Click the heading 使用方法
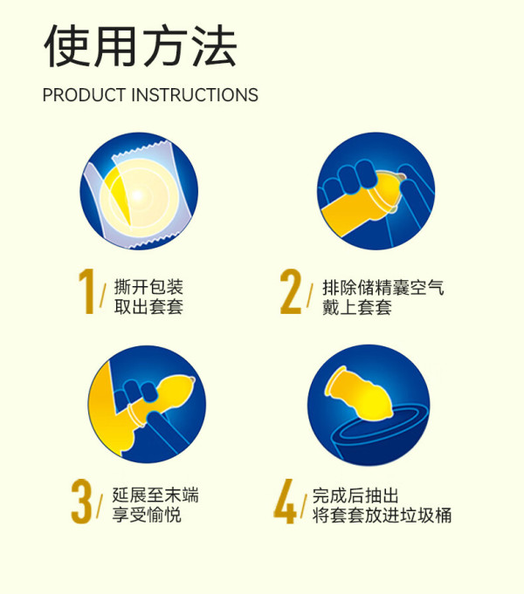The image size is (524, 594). point(141,46)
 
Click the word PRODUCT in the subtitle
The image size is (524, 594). point(84,95)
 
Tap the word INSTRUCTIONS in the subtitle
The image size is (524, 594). point(195,95)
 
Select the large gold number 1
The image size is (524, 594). point(86,291)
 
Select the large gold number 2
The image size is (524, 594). point(291,291)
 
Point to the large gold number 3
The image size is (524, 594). point(81,502)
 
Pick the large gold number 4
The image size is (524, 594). point(285,502)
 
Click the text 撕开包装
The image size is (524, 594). point(148,287)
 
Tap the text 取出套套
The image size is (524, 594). point(148,307)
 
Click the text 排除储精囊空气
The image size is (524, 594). point(383,288)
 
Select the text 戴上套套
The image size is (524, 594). point(357,307)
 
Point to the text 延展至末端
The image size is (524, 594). point(155,495)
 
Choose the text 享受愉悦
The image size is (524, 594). point(147,515)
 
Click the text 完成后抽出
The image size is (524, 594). point(355,495)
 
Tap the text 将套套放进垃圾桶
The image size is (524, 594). point(383,515)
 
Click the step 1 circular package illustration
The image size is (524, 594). point(139,191)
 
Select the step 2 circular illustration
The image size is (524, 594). point(376,191)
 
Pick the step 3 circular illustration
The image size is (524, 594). point(148,404)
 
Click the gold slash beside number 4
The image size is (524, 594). point(303,507)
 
